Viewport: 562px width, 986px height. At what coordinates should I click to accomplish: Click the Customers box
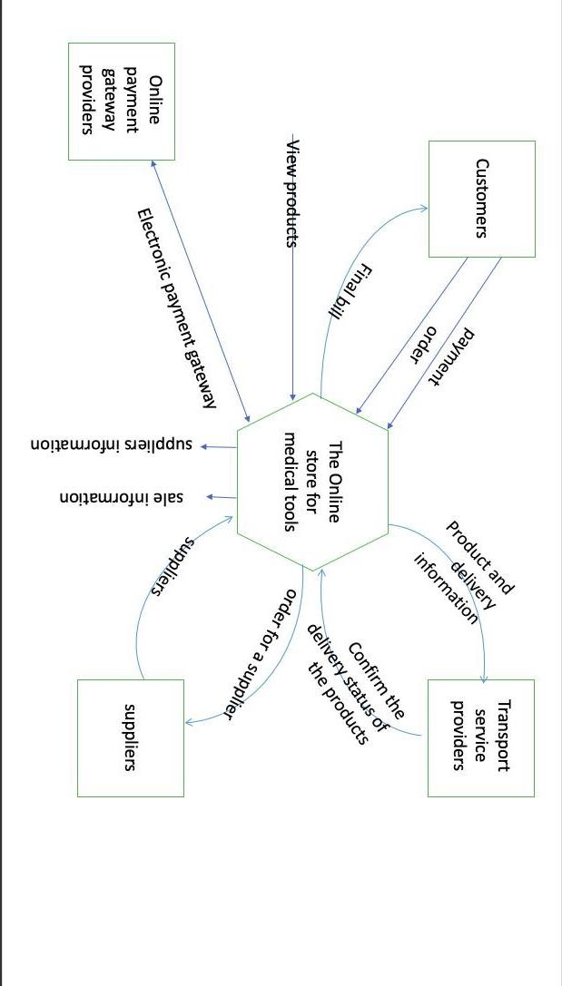click(x=481, y=199)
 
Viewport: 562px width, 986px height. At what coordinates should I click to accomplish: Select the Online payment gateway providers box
click(x=122, y=102)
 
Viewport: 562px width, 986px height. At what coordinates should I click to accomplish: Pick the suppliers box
click(x=130, y=737)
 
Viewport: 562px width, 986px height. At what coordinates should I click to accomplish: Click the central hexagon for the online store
click(x=312, y=482)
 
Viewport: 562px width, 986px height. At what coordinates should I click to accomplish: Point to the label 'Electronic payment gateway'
click(x=176, y=308)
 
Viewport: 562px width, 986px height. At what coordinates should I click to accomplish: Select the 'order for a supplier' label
click(x=260, y=653)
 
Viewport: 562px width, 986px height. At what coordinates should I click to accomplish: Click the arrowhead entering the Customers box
click(x=423, y=209)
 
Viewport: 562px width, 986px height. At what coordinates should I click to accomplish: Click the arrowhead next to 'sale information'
click(x=208, y=497)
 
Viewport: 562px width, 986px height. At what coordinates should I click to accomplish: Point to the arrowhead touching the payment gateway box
click(x=155, y=164)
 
